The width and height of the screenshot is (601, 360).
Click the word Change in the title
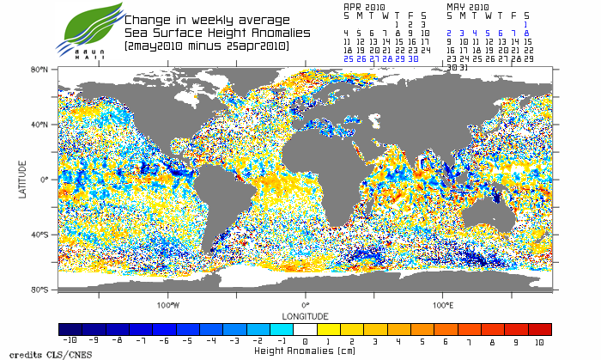click(x=147, y=20)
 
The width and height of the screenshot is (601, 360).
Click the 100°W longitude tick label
click(x=168, y=304)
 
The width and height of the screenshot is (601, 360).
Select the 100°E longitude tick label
click(x=443, y=304)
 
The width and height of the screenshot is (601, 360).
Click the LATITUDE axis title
click(x=23, y=180)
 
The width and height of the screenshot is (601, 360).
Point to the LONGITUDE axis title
click(x=305, y=314)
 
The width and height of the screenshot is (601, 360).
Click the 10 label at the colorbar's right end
click(x=538, y=341)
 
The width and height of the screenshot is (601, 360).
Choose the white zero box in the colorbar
click(x=305, y=329)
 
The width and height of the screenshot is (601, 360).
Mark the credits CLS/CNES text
click(x=33, y=354)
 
